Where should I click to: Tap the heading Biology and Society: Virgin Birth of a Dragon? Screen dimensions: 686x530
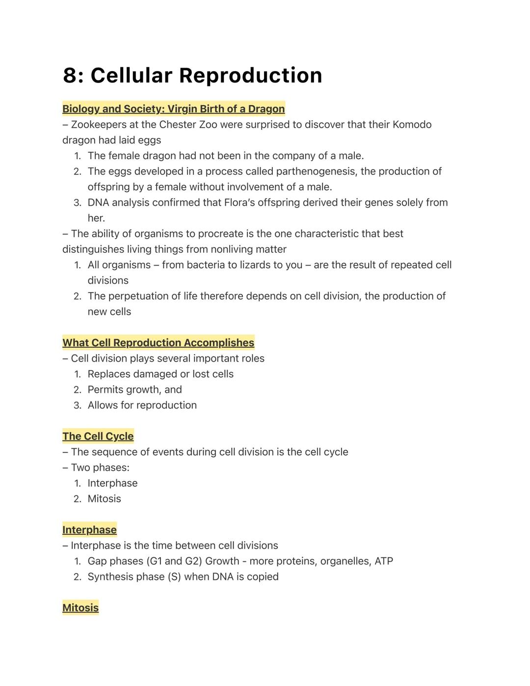pyautogui.click(x=173, y=109)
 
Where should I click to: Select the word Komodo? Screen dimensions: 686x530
pyautogui.click(x=412, y=125)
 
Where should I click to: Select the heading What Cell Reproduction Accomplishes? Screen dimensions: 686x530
pyautogui.click(x=158, y=343)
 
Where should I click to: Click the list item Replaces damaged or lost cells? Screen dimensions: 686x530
pyautogui.click(x=160, y=374)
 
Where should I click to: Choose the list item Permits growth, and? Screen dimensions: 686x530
pyautogui.click(x=134, y=390)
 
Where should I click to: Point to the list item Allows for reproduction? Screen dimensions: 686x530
pyautogui.click(x=142, y=406)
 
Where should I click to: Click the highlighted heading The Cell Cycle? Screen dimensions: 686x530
pyautogui.click(x=98, y=437)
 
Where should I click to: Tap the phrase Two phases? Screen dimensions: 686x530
pyautogui.click(x=100, y=467)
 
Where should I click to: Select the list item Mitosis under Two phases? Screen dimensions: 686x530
pyautogui.click(x=104, y=499)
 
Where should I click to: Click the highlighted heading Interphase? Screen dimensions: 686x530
pyautogui.click(x=89, y=530)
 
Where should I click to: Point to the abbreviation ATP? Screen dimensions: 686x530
pyautogui.click(x=384, y=561)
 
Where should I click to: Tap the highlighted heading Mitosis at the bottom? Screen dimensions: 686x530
pyautogui.click(x=80, y=608)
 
